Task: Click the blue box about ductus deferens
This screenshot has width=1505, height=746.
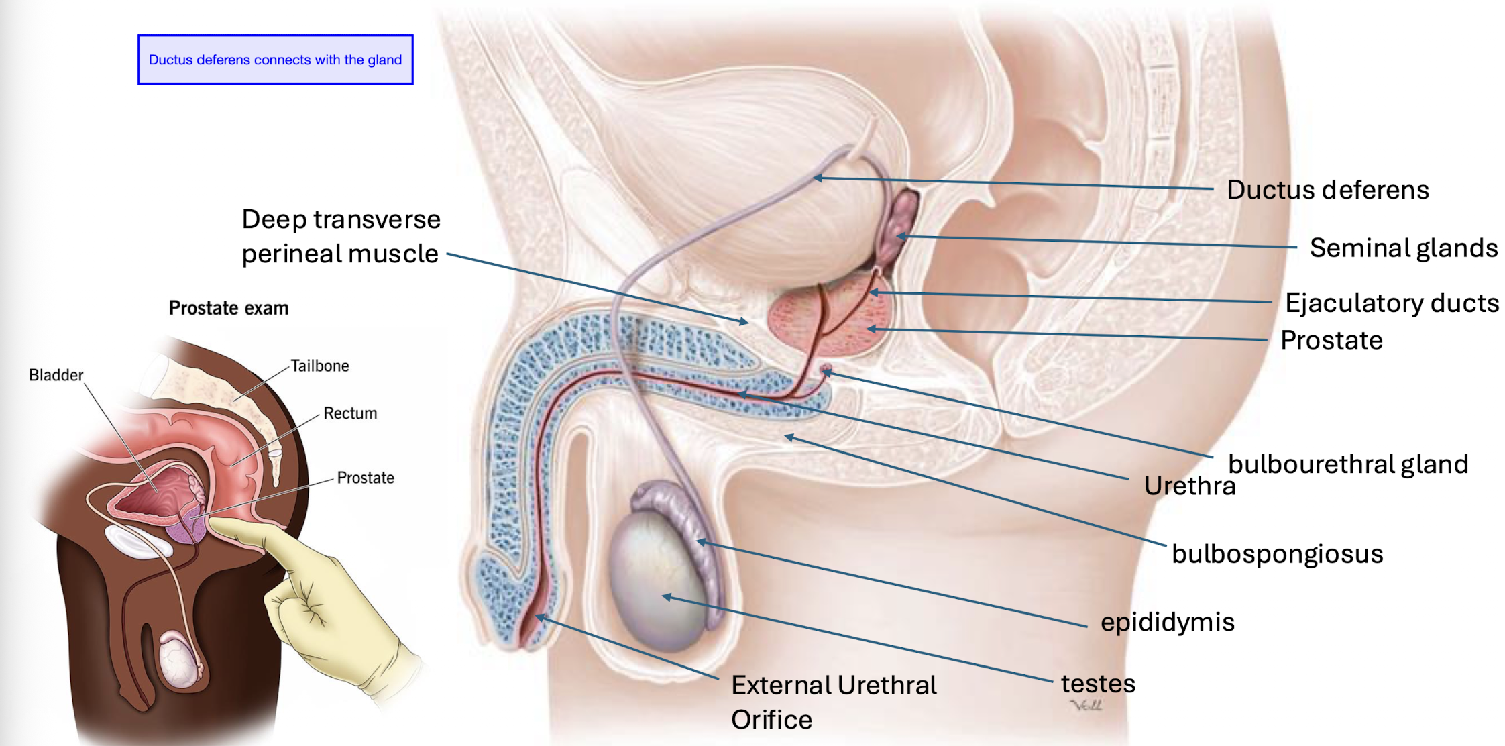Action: tap(275, 60)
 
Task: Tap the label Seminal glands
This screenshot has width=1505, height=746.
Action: tap(1403, 248)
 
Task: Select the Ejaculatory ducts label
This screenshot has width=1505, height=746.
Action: tap(1391, 303)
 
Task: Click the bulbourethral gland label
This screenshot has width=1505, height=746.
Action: tap(1347, 464)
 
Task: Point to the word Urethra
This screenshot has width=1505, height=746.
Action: tap(1189, 486)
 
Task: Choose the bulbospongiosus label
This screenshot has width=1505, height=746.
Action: tap(1277, 554)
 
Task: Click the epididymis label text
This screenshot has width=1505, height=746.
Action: tap(1167, 622)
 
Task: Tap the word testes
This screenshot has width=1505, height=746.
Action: tap(1097, 684)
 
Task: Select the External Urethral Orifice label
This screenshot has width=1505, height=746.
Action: tap(834, 702)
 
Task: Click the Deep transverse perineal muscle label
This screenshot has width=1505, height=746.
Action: tap(341, 236)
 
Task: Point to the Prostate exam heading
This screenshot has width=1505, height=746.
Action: tap(229, 308)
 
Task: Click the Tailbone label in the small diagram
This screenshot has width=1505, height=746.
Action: tap(319, 366)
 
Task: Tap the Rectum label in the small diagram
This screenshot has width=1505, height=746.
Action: tap(350, 413)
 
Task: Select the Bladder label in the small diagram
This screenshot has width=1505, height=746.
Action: tap(56, 375)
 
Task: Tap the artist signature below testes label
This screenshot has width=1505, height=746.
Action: tap(1086, 705)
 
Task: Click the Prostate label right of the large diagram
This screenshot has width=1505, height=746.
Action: tap(1331, 341)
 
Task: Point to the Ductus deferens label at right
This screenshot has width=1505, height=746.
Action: tap(1327, 190)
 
